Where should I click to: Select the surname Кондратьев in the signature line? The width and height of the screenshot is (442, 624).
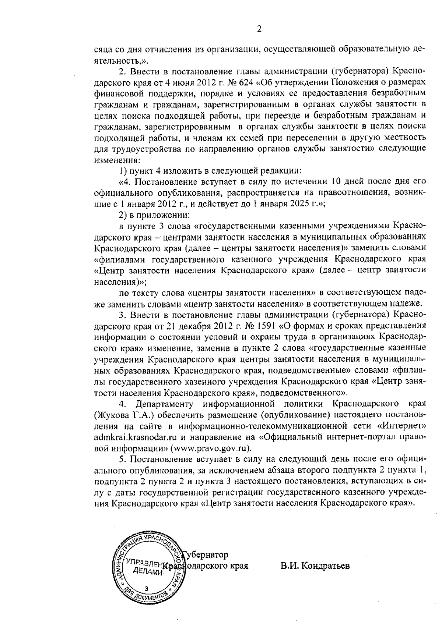pyautogui.click(x=325, y=566)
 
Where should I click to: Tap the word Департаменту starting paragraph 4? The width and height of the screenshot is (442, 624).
pyautogui.click(x=163, y=404)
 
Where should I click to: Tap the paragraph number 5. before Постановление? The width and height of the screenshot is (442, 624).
pyautogui.click(x=122, y=460)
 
